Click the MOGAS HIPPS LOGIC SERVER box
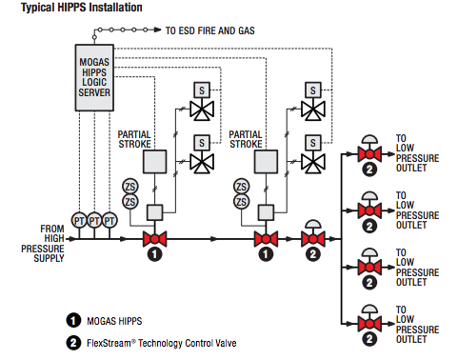[94, 78]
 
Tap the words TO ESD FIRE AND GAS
[209, 30]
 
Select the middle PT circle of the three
[94, 220]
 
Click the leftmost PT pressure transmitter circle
[79, 220]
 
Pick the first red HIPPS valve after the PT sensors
[154, 239]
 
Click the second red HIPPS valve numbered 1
[266, 239]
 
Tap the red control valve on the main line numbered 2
[313, 239]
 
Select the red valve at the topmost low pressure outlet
[369, 154]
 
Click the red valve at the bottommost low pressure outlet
[369, 324]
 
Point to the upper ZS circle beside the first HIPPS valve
[130, 187]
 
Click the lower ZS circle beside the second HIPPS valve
[242, 202]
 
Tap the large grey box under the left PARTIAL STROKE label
[154, 162]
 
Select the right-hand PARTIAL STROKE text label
[246, 139]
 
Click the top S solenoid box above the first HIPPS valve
[202, 90]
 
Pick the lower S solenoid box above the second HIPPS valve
[313, 143]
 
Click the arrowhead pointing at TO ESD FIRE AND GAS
[158, 30]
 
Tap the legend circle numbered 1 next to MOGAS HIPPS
[73, 320]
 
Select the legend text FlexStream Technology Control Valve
[162, 343]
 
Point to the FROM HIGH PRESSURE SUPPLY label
[43, 244]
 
